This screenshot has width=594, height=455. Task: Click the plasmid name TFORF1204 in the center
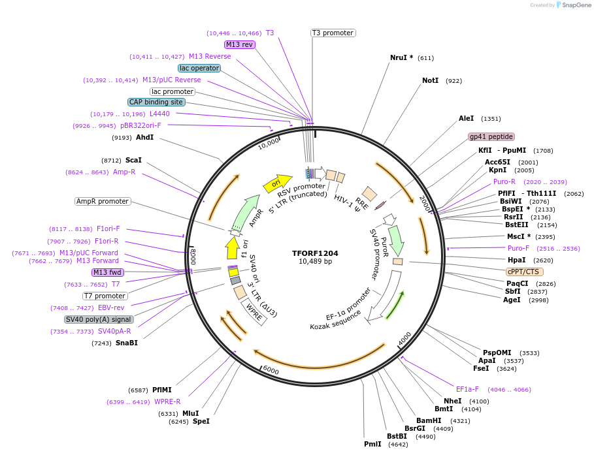315,253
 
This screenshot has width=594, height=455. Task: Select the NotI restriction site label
430,80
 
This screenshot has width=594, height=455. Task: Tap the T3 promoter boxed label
333,33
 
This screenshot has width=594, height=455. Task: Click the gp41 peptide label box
491,136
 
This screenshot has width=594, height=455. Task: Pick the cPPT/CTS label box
524,272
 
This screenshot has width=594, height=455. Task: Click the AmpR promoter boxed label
103,201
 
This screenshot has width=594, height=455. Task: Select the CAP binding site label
156,102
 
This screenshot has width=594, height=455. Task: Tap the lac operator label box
199,68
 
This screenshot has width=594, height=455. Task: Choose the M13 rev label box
239,44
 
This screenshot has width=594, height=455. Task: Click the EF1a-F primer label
467,389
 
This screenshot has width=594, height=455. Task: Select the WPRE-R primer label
167,401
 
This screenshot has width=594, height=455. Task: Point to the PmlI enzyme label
372,445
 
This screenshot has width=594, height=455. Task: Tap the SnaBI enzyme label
127,343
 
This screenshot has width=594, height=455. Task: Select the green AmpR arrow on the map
246,211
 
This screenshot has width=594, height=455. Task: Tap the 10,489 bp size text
315,261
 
